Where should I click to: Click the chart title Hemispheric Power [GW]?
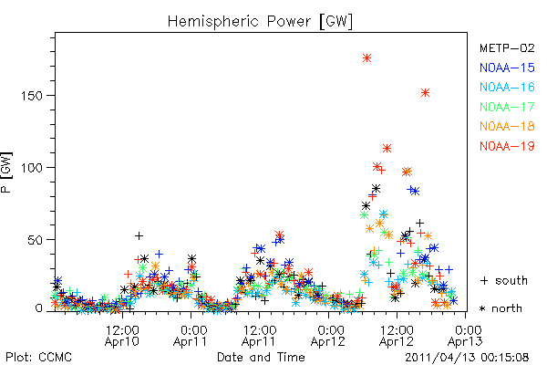coord(260,21)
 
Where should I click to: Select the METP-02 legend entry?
coord(507,47)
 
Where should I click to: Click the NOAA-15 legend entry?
coord(507,68)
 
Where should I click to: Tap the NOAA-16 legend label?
coord(507,87)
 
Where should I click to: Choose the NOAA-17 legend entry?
coord(507,107)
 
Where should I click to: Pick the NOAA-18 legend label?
coord(507,126)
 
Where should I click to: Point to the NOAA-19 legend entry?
coord(507,146)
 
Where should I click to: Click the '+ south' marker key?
coord(504,280)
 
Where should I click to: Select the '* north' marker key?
coord(501,308)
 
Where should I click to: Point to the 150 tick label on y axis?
coord(32,96)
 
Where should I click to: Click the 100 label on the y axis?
coord(32,168)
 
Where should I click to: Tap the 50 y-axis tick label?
coord(36,240)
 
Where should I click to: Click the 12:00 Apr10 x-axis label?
coord(122,336)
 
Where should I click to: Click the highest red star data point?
coord(366,58)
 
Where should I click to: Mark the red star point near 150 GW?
coord(425,92)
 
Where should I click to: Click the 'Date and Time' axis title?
coord(261,357)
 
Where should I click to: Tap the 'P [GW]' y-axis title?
coord(7,172)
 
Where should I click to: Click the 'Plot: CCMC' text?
coord(38,357)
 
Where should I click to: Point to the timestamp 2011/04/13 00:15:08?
coord(467,358)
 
